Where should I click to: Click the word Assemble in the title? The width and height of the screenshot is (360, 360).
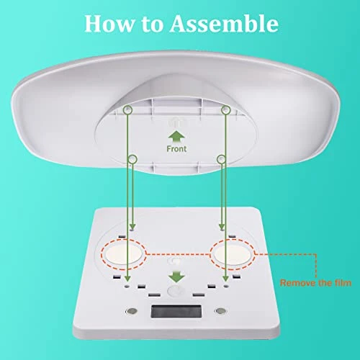tap(224, 23)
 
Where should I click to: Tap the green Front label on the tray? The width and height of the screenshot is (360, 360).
tap(176, 149)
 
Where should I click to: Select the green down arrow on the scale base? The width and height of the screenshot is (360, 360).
tap(176, 276)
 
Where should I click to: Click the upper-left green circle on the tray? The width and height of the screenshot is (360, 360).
tap(127, 109)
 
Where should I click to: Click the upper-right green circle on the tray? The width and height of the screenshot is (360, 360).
tap(226, 110)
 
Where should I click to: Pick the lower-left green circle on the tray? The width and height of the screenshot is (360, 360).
tap(132, 159)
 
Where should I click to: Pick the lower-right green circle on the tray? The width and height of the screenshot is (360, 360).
tap(221, 159)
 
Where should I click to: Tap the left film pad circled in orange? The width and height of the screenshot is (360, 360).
tap(123, 254)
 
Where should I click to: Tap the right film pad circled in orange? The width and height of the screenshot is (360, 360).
tap(232, 254)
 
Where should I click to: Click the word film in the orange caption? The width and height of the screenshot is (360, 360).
tap(343, 283)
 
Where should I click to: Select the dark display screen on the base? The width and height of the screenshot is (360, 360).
tap(176, 312)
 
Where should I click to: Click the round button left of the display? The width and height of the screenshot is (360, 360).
tap(132, 311)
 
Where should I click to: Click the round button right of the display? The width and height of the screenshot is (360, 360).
tap(221, 311)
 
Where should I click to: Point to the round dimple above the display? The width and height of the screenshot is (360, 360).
tap(176, 291)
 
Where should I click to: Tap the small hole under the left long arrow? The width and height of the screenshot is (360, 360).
tap(127, 287)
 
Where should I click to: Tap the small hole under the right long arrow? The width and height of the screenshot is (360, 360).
tap(225, 286)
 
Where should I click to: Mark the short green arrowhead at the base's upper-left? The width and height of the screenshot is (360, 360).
tap(132, 227)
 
